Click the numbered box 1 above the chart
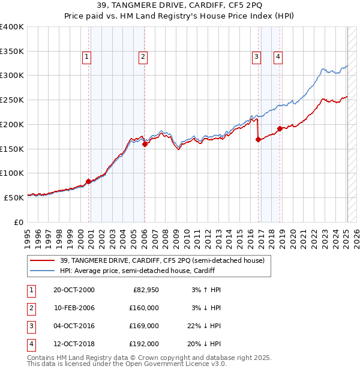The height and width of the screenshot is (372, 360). click(87, 57)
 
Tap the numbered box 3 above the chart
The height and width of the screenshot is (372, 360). click(256, 57)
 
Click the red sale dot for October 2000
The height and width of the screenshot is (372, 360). click(89, 181)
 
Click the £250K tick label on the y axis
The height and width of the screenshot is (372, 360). click(12, 100)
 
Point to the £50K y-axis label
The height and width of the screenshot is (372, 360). click(14, 197)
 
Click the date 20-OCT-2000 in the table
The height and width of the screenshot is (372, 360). click(74, 290)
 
